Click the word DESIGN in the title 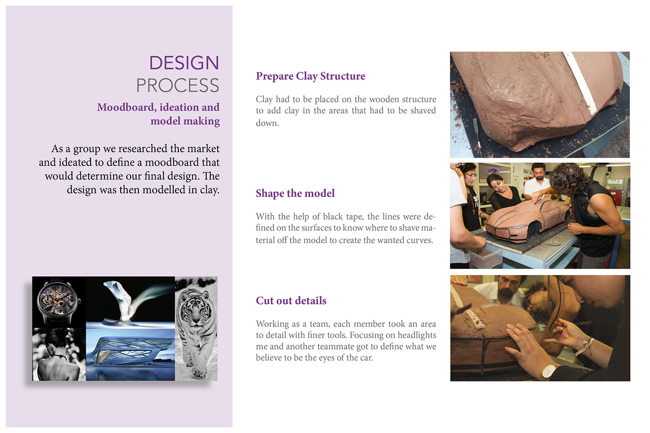(x=184, y=63)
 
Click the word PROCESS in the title (x=177, y=86)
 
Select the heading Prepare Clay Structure (x=310, y=76)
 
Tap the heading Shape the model (x=295, y=194)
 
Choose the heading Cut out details (x=291, y=301)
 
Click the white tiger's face (x=194, y=308)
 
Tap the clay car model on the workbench (x=525, y=219)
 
